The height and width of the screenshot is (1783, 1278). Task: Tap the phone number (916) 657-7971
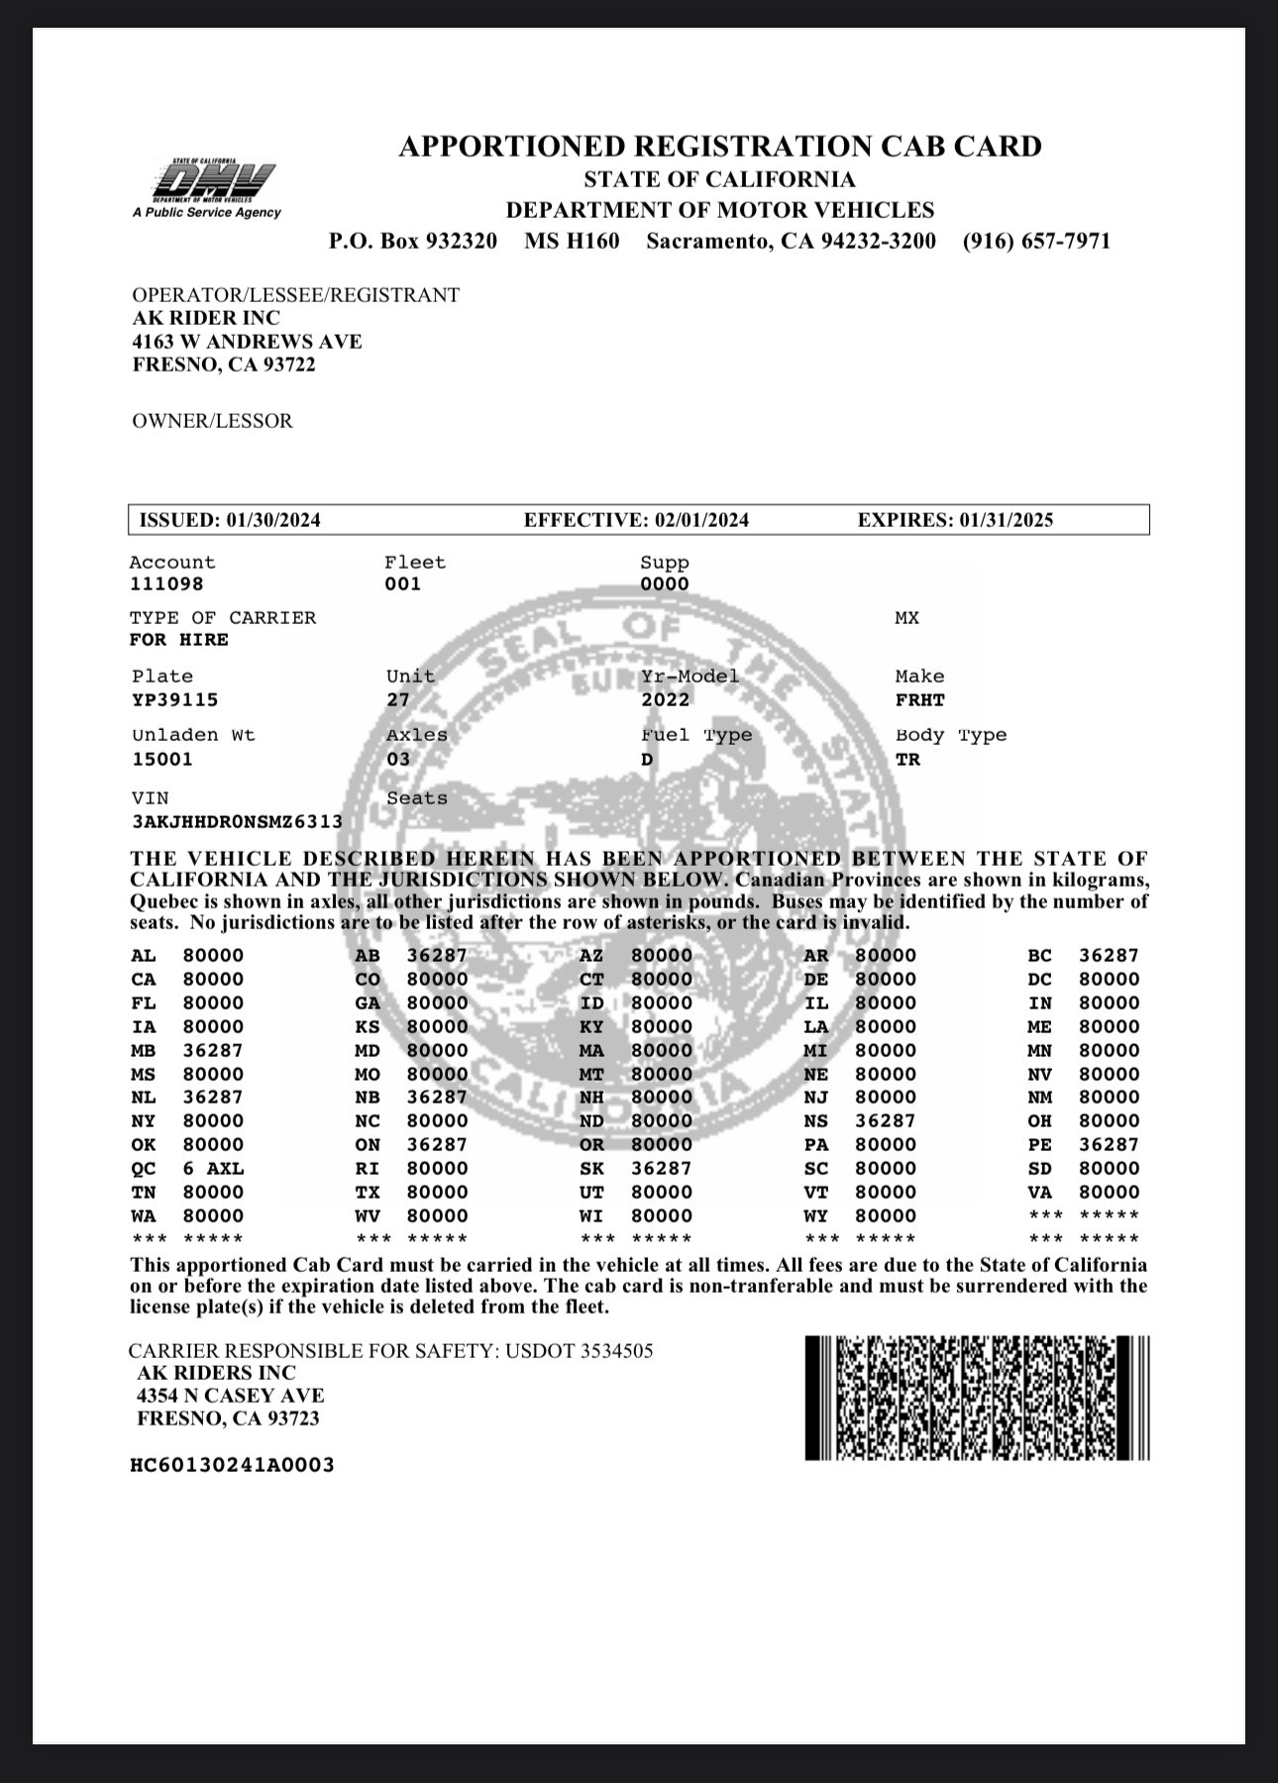click(1036, 241)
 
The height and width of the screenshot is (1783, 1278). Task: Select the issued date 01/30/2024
click(273, 520)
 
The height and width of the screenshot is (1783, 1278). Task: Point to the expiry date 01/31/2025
click(1006, 520)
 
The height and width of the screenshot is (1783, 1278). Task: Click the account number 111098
click(166, 584)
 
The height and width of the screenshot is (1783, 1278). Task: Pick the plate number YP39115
click(174, 700)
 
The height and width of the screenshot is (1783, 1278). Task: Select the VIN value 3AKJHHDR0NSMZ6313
click(237, 822)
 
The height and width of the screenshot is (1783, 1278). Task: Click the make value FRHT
click(920, 700)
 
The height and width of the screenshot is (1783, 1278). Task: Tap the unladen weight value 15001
click(162, 760)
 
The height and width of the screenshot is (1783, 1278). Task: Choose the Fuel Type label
click(696, 735)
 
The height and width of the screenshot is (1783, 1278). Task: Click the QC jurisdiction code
click(144, 1169)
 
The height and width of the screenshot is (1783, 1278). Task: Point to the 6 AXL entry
click(213, 1169)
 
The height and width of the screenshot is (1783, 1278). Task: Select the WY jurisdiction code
click(816, 1216)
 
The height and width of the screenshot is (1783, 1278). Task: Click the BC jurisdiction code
click(1040, 956)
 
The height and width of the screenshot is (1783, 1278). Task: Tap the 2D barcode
click(977, 1398)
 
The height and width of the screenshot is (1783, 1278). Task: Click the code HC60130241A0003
click(232, 1465)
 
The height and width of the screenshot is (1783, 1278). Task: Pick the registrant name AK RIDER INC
click(206, 318)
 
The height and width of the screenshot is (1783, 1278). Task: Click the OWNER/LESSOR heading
click(212, 421)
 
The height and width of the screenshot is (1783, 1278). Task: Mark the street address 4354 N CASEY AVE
click(231, 1396)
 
